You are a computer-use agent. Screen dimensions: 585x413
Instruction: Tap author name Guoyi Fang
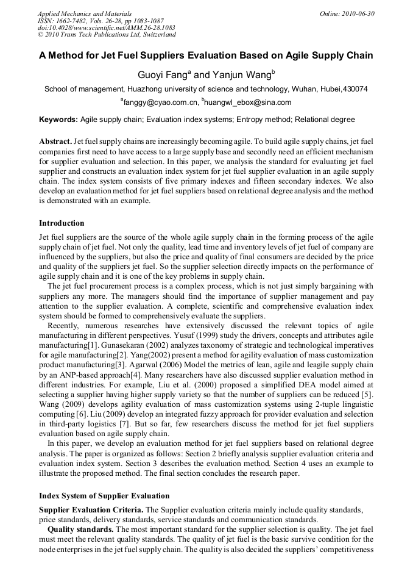tap(160, 74)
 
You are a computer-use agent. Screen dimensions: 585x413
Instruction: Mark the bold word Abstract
tap(55, 141)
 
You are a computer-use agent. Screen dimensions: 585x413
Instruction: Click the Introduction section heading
tap(62, 223)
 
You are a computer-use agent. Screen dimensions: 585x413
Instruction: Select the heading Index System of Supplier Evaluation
tap(104, 495)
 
